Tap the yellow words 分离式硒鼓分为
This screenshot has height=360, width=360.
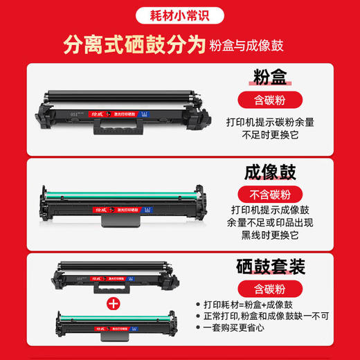pos(134,46)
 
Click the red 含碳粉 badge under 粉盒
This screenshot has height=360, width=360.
pos(267,100)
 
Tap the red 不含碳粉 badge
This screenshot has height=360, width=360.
pos(267,192)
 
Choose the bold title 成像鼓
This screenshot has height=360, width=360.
pos(267,171)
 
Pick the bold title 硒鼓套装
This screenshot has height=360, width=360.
pos(267,264)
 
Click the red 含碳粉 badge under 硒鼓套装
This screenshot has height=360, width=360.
pos(267,286)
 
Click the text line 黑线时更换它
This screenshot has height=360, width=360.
pos(267,235)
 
